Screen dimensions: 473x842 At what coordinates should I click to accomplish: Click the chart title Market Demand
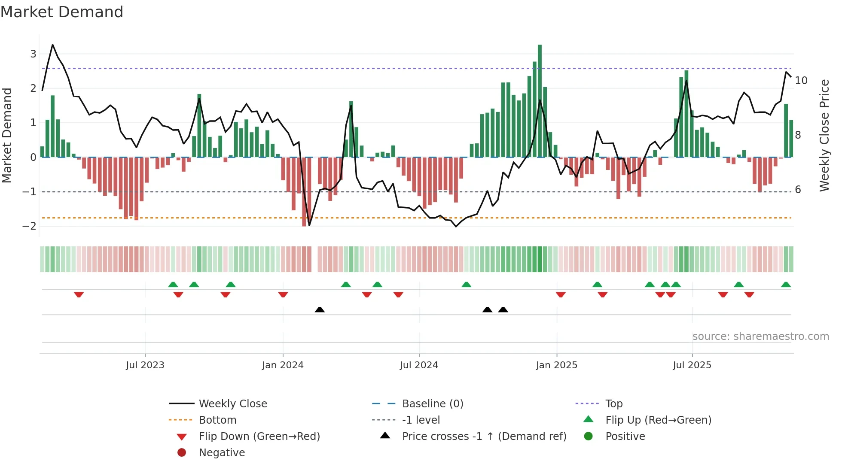[62, 12]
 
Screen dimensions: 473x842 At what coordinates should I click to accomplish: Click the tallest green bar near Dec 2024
[540, 101]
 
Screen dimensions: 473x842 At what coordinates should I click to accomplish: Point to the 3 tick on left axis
[33, 54]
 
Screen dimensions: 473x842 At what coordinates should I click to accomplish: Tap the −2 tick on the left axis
[30, 226]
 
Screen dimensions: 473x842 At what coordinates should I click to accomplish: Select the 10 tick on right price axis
[801, 81]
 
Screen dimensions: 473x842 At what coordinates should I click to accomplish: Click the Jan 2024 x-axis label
[283, 365]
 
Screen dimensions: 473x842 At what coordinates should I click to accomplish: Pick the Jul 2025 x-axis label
[692, 365]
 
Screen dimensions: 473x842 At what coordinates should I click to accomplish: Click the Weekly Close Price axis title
[824, 135]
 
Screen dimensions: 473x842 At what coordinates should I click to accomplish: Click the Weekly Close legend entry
[233, 404]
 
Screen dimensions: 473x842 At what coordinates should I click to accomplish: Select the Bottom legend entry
[217, 420]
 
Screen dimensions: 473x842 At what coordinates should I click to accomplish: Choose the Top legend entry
[614, 404]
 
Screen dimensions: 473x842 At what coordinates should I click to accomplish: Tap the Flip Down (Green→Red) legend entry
[259, 437]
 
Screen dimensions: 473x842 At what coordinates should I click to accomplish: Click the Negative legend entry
[222, 453]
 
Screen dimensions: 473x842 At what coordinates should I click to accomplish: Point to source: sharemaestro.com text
[760, 337]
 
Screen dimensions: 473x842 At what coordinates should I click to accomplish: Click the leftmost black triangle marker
[320, 309]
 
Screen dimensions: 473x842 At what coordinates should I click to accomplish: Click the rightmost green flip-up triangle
[786, 285]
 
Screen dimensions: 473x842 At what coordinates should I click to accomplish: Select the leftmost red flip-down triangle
[79, 294]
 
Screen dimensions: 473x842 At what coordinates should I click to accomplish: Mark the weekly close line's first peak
[53, 45]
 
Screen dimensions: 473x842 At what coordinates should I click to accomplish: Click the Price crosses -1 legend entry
[484, 437]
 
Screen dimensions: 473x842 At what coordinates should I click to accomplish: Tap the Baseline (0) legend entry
[433, 404]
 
